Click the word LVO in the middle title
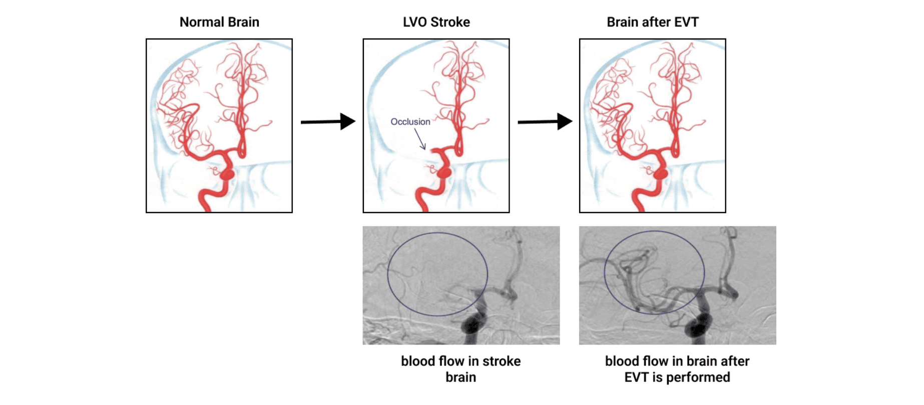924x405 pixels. (x=415, y=22)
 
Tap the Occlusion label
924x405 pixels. (x=410, y=121)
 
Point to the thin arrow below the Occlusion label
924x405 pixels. (x=420, y=139)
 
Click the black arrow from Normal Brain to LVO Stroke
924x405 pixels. (x=328, y=121)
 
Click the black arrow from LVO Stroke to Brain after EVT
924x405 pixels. (x=545, y=121)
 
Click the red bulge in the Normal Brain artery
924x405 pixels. (x=227, y=174)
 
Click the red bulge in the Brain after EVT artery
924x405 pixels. (x=661, y=174)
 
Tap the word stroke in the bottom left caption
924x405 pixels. (x=502, y=361)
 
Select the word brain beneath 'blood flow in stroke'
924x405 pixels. (x=460, y=377)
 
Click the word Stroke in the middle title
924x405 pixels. (x=450, y=22)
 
